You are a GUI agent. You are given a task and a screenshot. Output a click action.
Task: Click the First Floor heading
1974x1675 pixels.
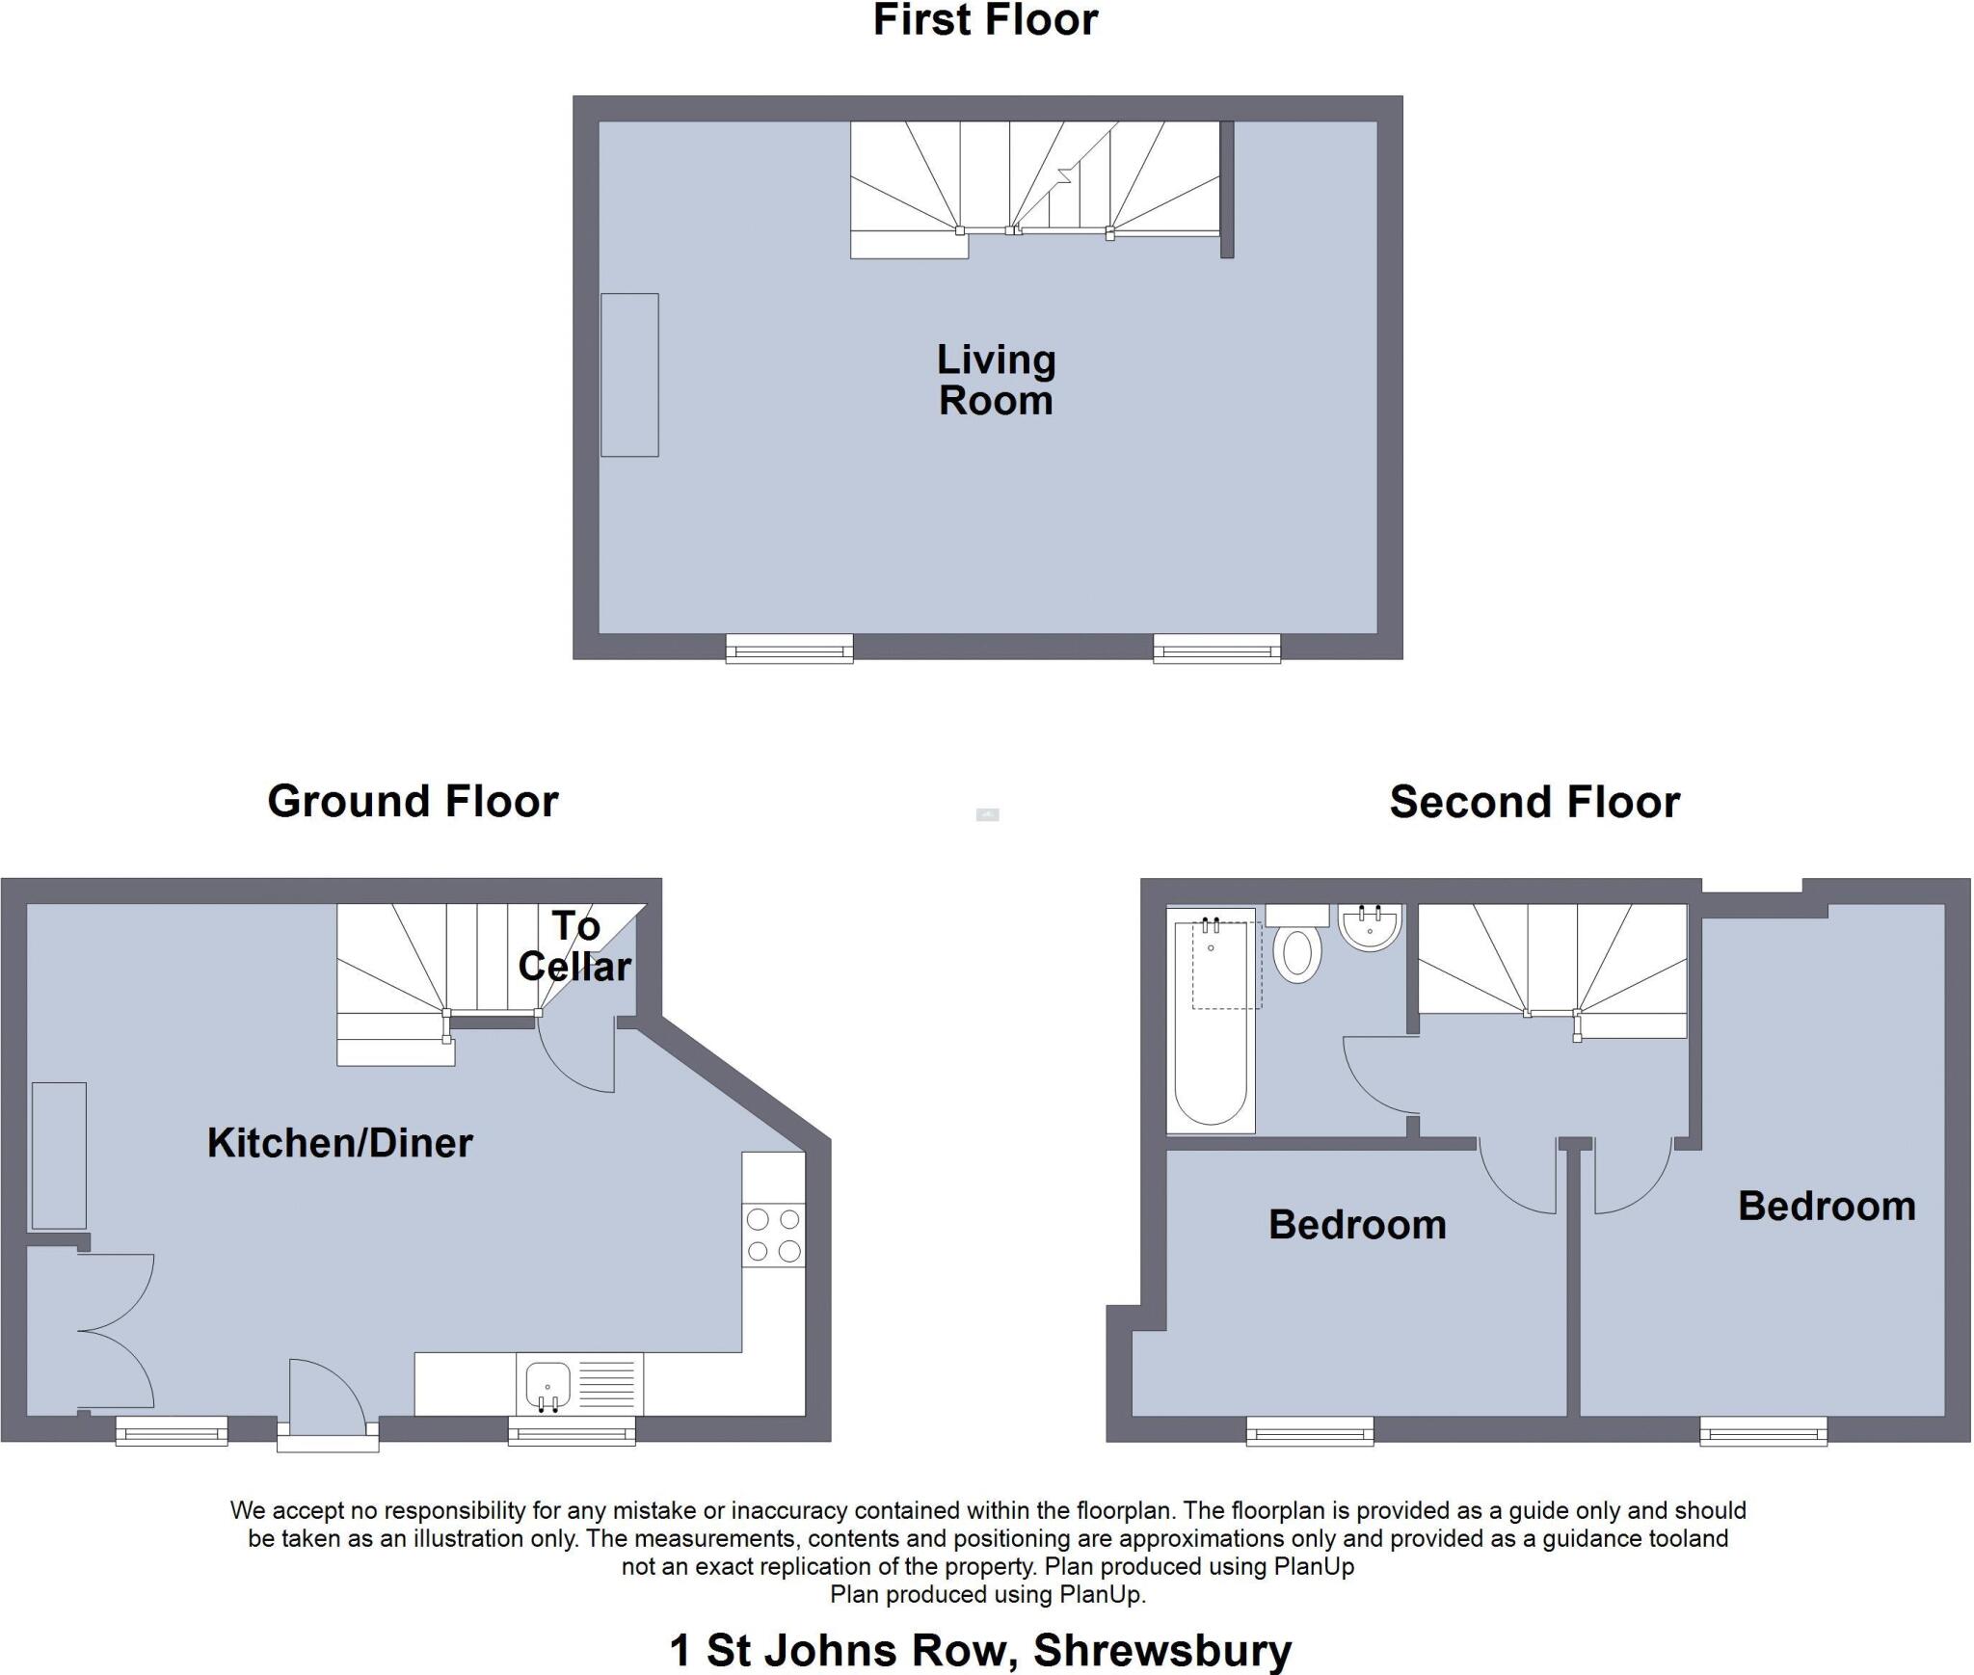pyautogui.click(x=985, y=21)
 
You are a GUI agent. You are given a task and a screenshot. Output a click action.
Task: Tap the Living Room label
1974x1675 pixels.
pyautogui.click(x=996, y=381)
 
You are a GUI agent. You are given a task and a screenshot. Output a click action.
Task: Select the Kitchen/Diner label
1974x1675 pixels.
pyautogui.click(x=339, y=1143)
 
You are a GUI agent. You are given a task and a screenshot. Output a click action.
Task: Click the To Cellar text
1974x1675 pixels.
pyautogui.click(x=575, y=946)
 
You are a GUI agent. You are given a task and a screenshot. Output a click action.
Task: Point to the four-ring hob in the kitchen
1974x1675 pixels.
pyautogui.click(x=773, y=1235)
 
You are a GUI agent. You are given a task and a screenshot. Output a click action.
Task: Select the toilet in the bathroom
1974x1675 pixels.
pyautogui.click(x=1297, y=952)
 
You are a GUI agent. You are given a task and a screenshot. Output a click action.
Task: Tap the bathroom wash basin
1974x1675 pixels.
pyautogui.click(x=1369, y=928)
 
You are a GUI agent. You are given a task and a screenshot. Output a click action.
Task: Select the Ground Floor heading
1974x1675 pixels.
pyautogui.click(x=413, y=802)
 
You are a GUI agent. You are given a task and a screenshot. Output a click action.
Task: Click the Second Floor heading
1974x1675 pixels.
pyautogui.click(x=1534, y=803)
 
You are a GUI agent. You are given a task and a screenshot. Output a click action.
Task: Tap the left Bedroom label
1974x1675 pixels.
pyautogui.click(x=1357, y=1225)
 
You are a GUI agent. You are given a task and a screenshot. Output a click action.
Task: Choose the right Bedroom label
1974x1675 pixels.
pyautogui.click(x=1827, y=1207)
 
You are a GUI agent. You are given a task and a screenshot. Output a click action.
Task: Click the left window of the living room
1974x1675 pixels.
pyautogui.click(x=788, y=649)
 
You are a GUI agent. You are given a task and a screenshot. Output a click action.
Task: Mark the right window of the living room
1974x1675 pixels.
pyautogui.click(x=1216, y=649)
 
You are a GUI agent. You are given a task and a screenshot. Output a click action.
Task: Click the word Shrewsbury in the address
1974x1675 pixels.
pyautogui.click(x=1162, y=1650)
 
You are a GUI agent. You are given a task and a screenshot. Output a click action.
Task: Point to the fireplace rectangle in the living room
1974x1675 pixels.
pyautogui.click(x=629, y=375)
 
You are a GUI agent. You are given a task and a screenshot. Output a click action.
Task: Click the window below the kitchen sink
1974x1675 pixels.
pyautogui.click(x=572, y=1431)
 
